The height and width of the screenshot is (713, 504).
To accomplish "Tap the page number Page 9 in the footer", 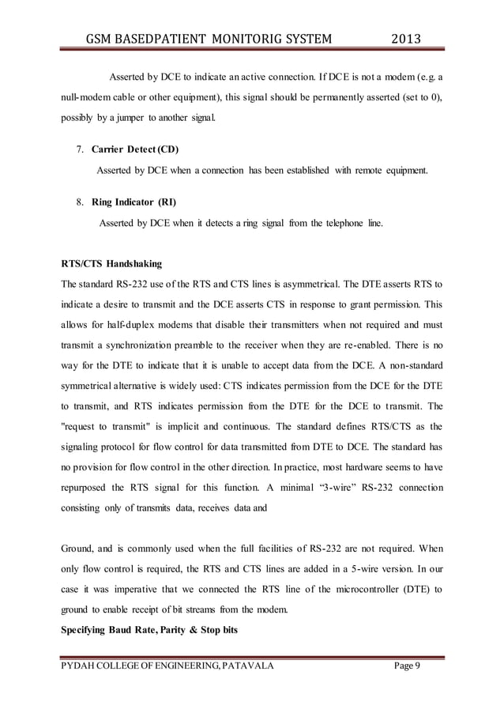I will pyautogui.click(x=407, y=667).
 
